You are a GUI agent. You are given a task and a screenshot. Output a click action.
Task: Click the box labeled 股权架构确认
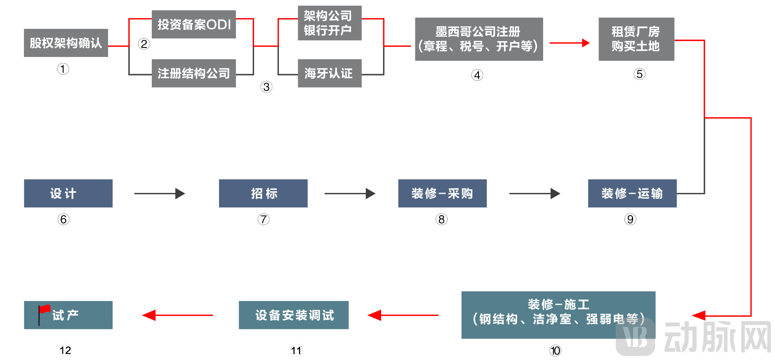[66, 43]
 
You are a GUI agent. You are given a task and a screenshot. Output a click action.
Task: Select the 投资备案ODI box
[194, 24]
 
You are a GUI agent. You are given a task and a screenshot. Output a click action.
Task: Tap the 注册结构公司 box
[194, 73]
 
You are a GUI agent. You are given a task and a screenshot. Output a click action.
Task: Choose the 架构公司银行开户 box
[330, 23]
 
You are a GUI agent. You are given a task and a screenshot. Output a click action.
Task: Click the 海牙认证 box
[330, 73]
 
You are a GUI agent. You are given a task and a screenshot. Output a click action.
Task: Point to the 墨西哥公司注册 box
[479, 39]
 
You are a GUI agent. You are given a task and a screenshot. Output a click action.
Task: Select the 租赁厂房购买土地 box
[636, 39]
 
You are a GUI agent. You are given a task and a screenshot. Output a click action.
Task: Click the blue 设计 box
[68, 193]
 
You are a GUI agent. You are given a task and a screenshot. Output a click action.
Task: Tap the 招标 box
[263, 193]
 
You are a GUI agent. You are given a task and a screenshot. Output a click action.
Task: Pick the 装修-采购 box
[442, 193]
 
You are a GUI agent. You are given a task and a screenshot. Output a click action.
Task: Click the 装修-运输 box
[632, 193]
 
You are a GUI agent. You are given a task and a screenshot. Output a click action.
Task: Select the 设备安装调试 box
[294, 315]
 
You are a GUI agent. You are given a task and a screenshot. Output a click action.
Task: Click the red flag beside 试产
[44, 310]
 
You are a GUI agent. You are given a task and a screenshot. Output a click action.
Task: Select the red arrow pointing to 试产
[177, 315]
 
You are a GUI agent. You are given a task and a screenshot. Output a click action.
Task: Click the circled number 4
[477, 75]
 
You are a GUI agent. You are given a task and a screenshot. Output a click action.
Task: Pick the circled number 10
[555, 351]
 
